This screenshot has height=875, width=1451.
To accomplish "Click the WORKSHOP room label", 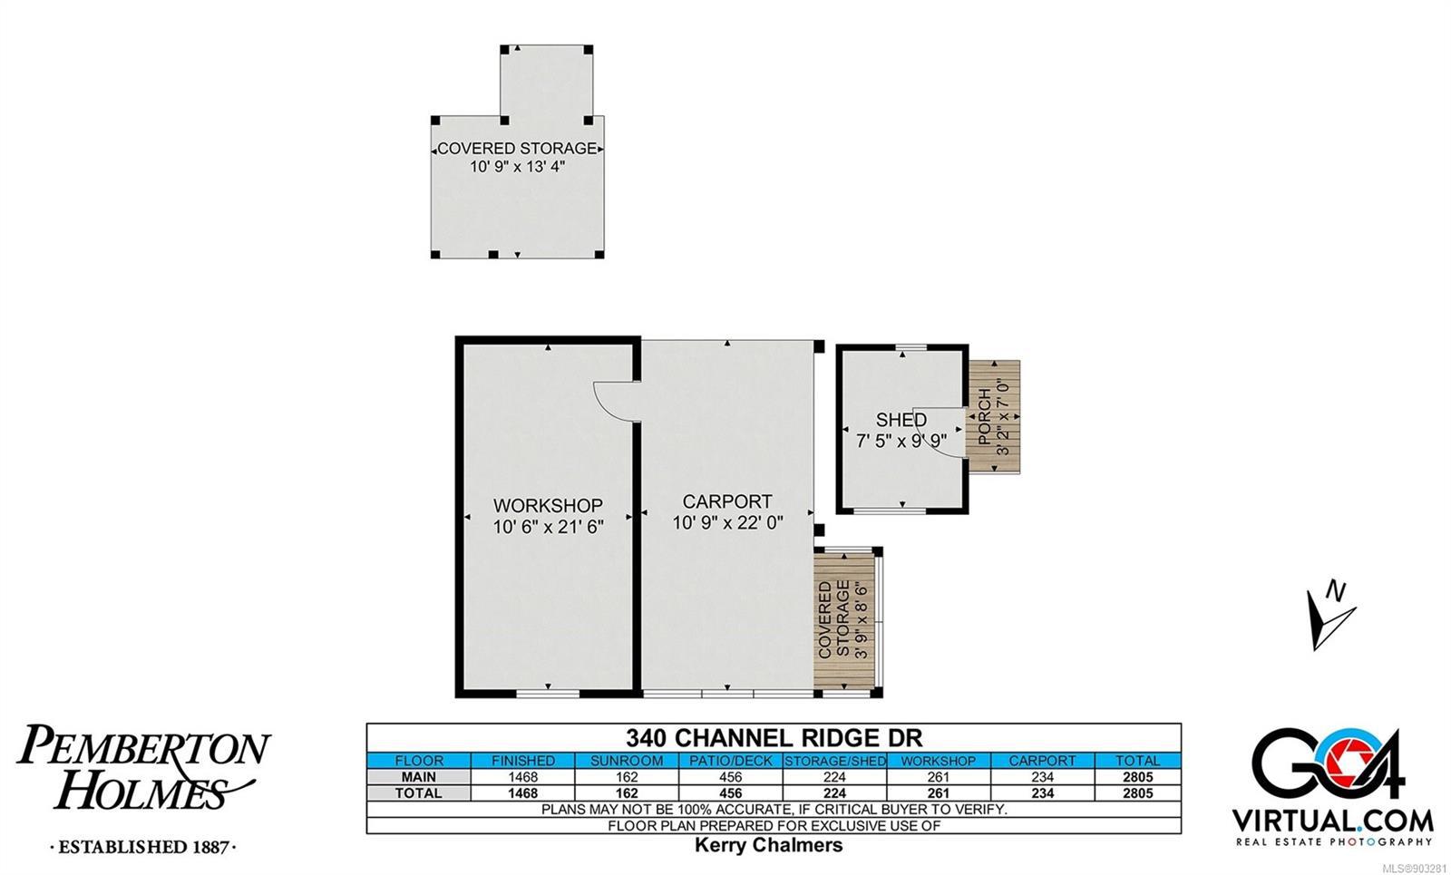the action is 548,505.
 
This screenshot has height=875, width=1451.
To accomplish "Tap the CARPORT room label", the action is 727,501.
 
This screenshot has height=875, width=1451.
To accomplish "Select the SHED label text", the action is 901,420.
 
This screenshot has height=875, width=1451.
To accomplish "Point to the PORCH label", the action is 984,416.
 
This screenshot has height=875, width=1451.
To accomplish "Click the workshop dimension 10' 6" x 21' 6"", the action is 548,527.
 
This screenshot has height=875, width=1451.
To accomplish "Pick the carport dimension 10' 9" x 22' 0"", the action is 728,522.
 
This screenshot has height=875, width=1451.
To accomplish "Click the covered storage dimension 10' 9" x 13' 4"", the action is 517,167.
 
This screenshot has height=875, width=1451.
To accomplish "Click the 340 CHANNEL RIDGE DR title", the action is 774,738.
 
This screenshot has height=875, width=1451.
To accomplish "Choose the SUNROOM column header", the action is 627,761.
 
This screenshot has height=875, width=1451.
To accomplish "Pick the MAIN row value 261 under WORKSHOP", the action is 938,776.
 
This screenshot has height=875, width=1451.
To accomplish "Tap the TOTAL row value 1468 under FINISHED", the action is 522,793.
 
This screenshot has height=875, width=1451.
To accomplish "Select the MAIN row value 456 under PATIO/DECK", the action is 731,776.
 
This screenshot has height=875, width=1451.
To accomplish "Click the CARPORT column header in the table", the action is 1042,761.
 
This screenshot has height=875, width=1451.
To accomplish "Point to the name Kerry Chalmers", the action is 769,845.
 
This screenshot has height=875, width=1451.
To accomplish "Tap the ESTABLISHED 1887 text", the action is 143,847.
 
